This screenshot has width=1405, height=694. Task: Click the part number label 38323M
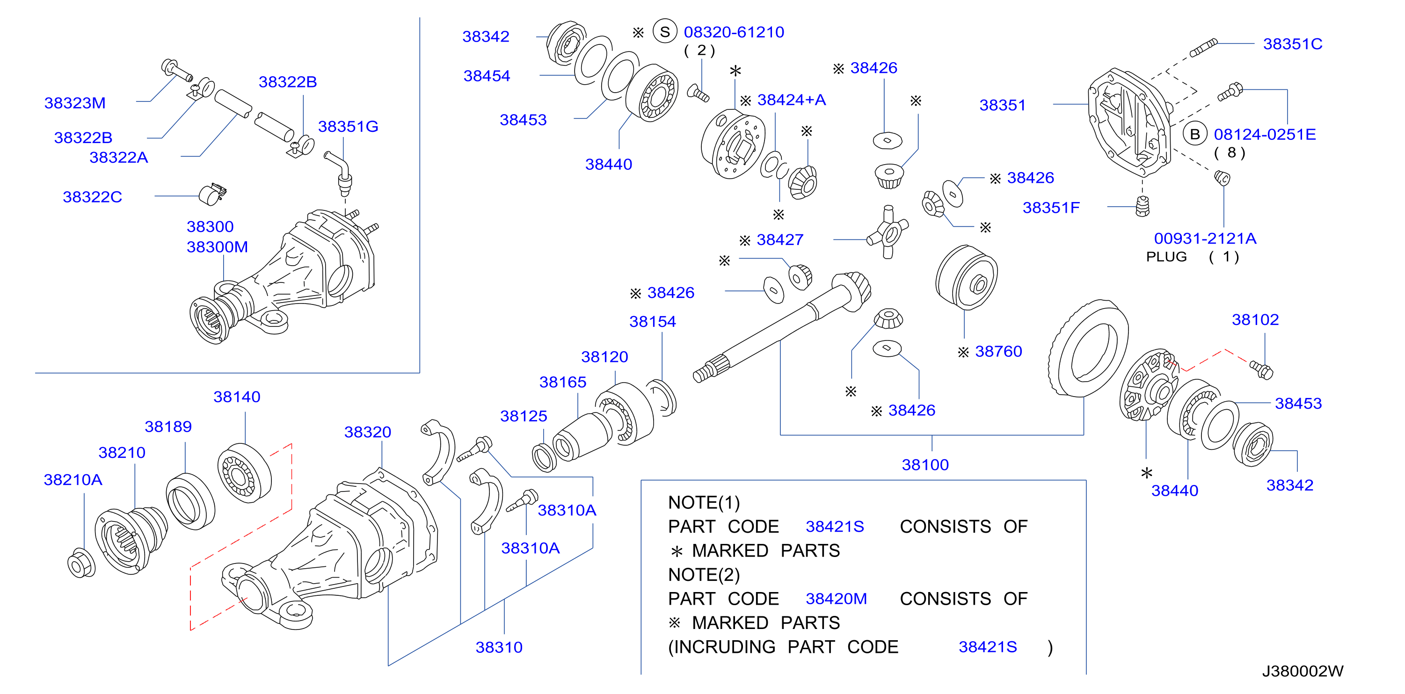[75, 103]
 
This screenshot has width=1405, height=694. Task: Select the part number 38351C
[1293, 43]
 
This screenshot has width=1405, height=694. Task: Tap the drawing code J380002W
[1303, 671]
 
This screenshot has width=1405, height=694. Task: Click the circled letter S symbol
[665, 32]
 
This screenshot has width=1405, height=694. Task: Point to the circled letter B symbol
[1194, 134]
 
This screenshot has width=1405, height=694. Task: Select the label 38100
[925, 464]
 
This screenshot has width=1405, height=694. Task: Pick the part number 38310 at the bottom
[499, 647]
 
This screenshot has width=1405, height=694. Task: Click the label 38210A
[73, 480]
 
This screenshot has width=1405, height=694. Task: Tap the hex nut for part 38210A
[81, 564]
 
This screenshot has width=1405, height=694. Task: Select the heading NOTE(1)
[704, 502]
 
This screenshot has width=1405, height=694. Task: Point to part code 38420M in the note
[836, 599]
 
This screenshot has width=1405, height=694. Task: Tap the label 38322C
[92, 197]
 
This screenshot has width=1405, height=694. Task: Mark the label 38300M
[217, 247]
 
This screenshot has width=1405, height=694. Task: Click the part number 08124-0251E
[1265, 134]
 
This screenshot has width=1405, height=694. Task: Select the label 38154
[652, 322]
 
